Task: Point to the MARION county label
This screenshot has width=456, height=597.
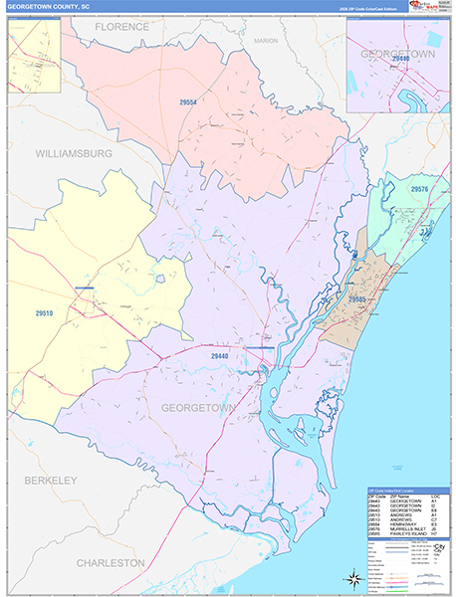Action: pos(266,41)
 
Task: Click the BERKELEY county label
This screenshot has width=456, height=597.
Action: pos(43,481)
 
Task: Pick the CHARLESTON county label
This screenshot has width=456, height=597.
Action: pos(112,562)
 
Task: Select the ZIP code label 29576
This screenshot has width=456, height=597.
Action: pos(418,189)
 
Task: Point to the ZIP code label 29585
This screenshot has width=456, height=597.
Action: pos(359,298)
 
